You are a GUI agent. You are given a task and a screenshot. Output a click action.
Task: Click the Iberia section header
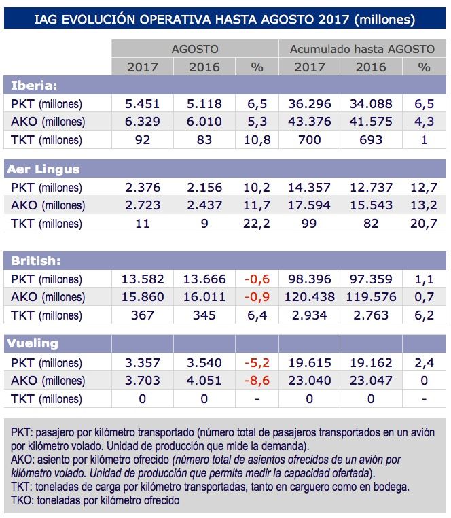tap(34, 86)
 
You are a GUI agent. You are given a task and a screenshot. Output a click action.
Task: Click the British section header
tap(35, 260)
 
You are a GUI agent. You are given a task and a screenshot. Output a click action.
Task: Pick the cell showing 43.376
tap(309, 122)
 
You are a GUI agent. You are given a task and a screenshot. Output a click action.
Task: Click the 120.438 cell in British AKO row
tap(309, 297)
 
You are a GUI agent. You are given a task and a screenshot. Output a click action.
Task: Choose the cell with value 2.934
tap(309, 315)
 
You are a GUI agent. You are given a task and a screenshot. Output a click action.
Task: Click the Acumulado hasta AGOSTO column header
tap(362, 49)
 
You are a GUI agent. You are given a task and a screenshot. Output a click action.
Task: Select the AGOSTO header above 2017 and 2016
tap(194, 49)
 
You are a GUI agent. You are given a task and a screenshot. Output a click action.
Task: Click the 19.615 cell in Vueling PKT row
tap(309, 362)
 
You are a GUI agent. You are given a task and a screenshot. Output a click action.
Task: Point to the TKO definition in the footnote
tap(95, 500)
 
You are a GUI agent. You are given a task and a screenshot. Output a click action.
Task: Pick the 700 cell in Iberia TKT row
tap(309, 141)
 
